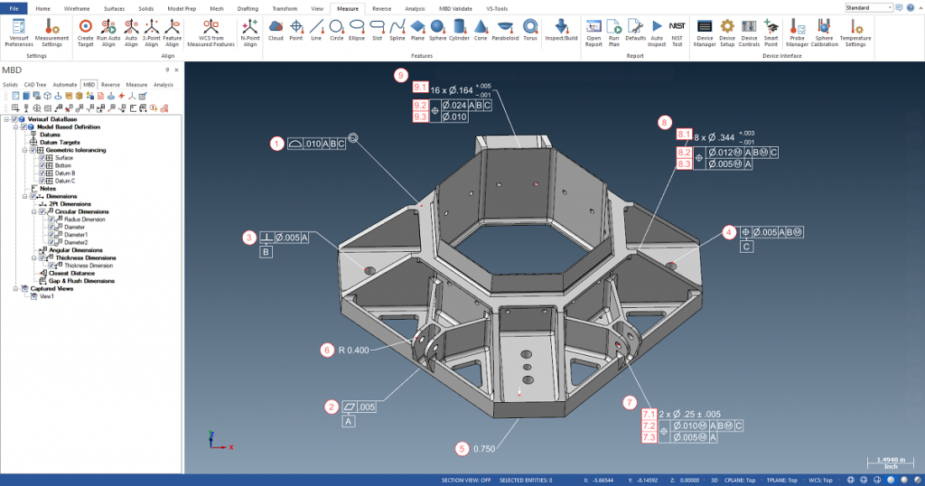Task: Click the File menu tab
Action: [14, 7]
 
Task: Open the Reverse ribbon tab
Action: [381, 7]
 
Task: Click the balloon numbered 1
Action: [276, 143]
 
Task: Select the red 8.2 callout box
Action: [685, 153]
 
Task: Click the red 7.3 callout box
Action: [649, 437]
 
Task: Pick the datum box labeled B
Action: [266, 253]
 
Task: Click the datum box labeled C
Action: [746, 247]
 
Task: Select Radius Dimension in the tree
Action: [85, 219]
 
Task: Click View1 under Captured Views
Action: [46, 296]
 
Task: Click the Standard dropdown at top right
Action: [868, 7]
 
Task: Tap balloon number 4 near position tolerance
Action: [728, 232]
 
